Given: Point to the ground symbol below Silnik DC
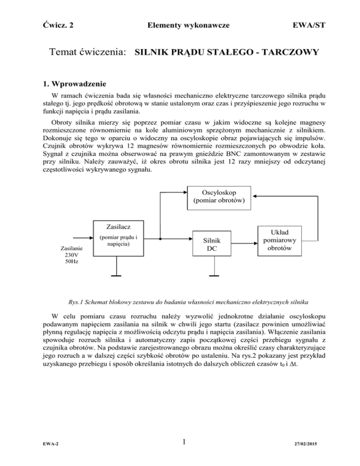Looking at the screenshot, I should point(214,276).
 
